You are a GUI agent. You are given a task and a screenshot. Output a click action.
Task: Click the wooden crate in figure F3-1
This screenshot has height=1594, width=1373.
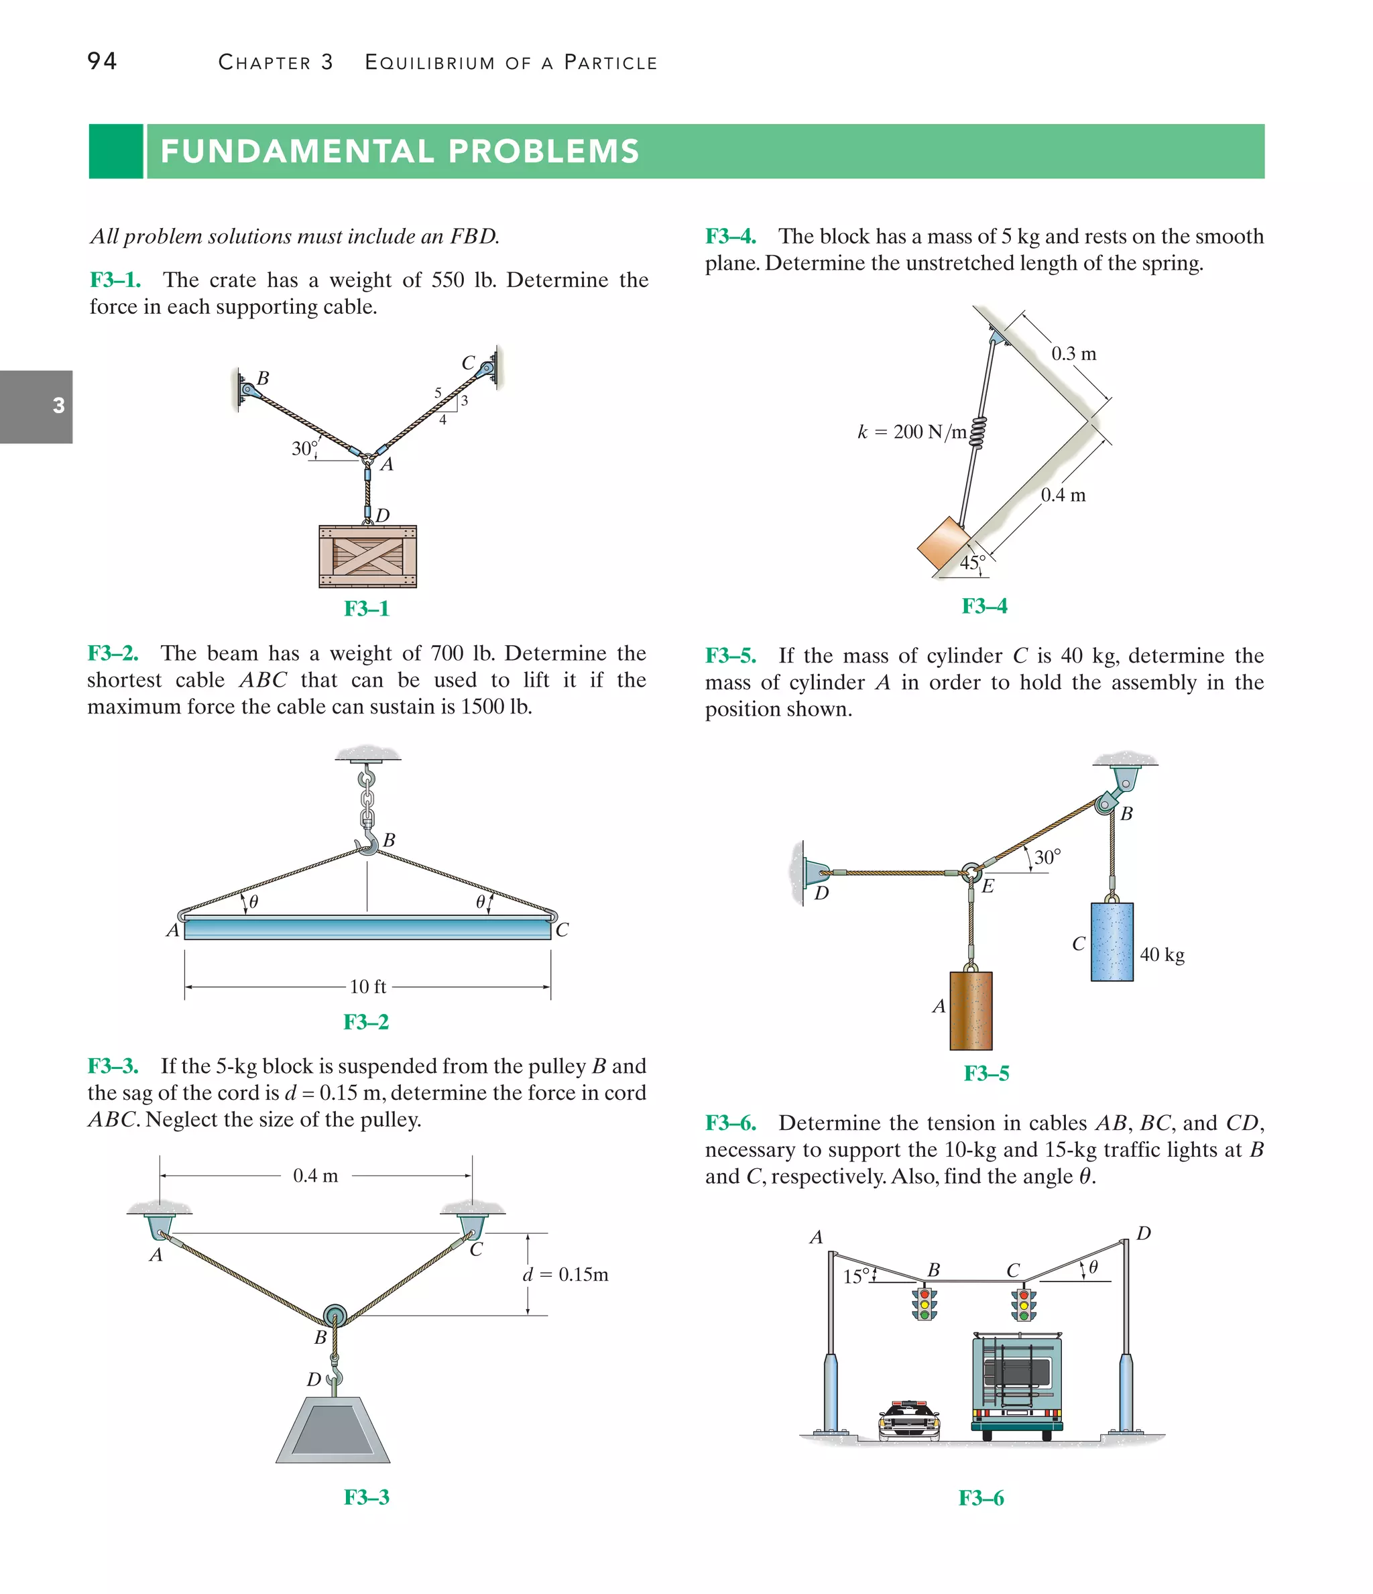point(367,556)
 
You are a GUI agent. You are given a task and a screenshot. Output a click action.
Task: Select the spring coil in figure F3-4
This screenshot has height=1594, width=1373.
point(977,433)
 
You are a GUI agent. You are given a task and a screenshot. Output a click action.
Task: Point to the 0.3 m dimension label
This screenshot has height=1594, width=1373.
point(1073,354)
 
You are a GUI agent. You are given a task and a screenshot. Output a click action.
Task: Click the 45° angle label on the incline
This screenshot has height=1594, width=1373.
point(971,563)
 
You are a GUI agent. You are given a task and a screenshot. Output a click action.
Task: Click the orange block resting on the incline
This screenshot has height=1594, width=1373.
point(942,543)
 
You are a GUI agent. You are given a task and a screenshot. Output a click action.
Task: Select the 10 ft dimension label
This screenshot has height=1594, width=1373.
point(367,986)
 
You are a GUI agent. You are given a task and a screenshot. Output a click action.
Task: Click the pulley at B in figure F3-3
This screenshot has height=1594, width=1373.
point(335,1313)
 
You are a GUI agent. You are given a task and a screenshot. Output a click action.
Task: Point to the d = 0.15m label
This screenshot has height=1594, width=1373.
point(565,1275)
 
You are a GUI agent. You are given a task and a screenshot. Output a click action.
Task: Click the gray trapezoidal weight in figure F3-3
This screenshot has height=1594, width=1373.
point(333,1430)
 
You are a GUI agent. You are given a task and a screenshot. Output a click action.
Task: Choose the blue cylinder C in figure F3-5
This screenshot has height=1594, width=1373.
point(1112,942)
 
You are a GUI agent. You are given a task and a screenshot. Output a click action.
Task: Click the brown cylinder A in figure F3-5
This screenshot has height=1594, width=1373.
point(971,1010)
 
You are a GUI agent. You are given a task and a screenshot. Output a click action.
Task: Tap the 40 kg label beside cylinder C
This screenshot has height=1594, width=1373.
point(1161,955)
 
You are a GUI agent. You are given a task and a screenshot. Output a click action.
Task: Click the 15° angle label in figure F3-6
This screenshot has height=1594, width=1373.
point(855,1276)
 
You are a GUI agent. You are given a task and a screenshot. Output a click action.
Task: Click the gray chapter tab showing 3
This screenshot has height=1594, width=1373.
point(36,406)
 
